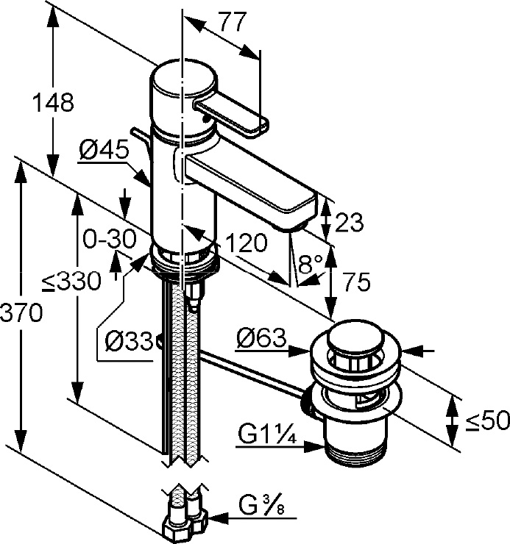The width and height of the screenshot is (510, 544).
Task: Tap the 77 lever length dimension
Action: coord(232,24)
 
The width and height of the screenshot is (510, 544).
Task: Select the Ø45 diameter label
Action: coord(103,151)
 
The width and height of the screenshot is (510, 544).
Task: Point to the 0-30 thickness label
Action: coord(109,239)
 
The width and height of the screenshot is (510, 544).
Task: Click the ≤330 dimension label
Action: coord(71,282)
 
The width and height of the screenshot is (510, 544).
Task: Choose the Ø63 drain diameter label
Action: coord(261,339)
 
